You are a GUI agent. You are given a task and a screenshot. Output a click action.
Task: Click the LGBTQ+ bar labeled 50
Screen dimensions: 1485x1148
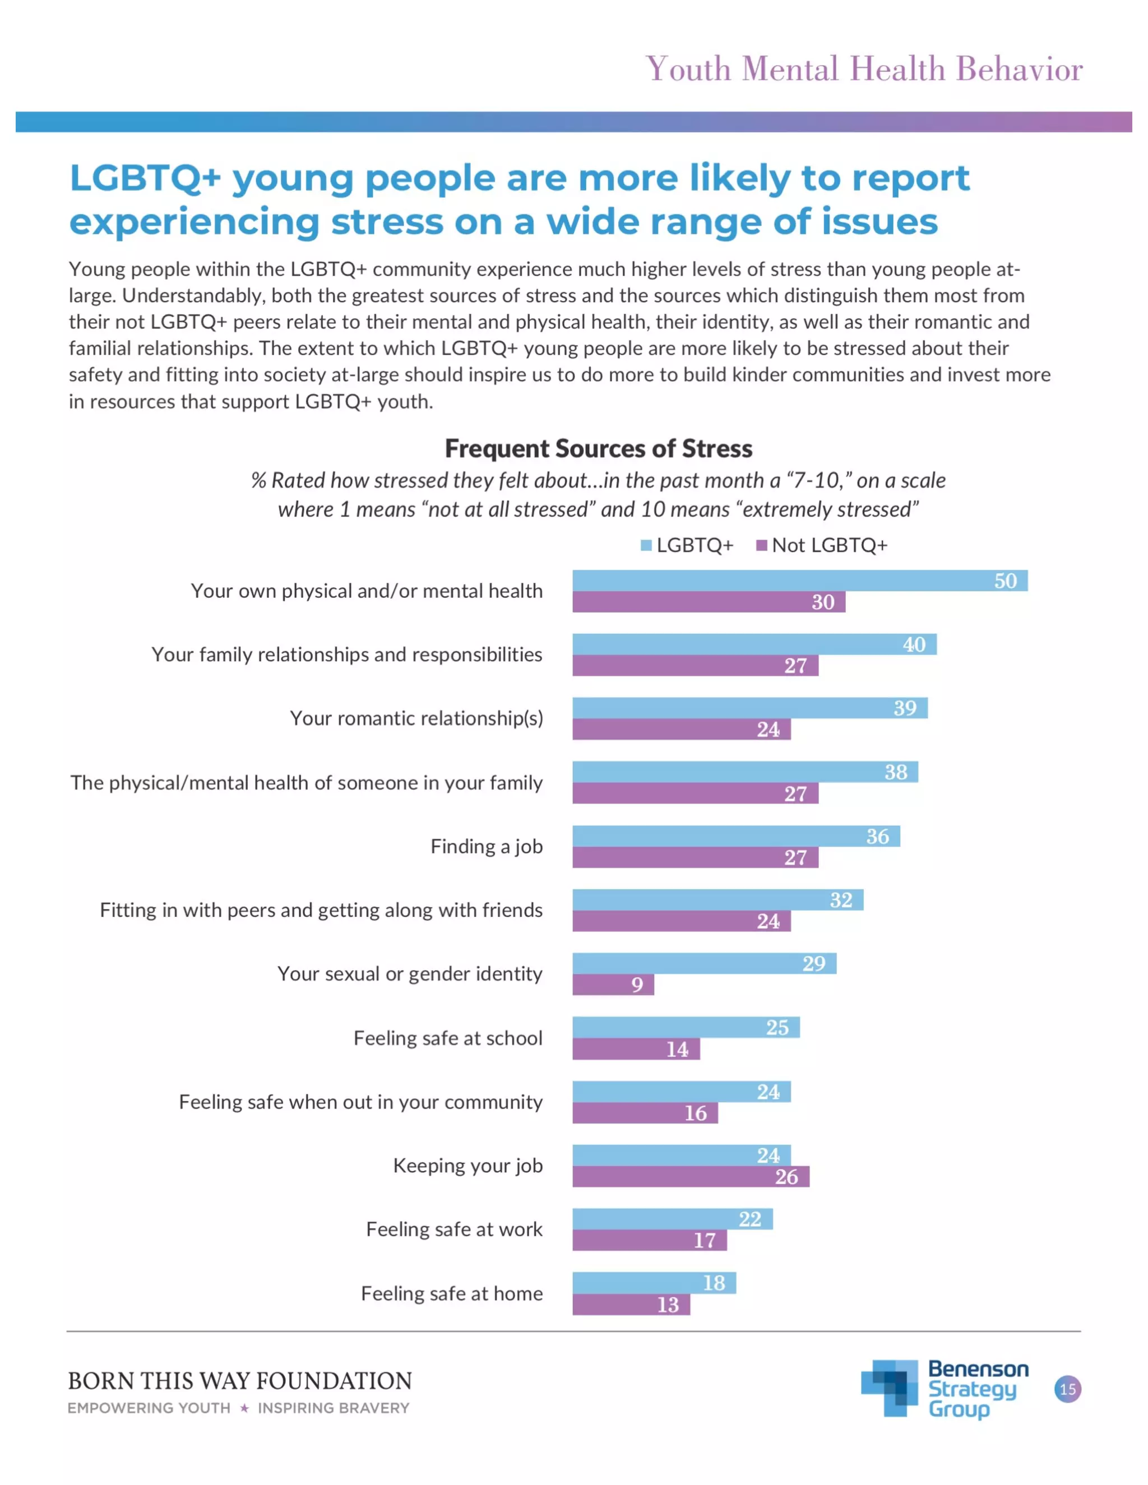tap(799, 580)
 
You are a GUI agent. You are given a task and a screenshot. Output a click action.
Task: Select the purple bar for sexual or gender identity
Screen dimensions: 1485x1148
tap(612, 984)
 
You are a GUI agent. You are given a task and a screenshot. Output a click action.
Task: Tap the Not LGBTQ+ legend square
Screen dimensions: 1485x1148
tap(762, 545)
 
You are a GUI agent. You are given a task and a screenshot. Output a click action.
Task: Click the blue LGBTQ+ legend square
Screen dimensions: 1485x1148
tap(646, 545)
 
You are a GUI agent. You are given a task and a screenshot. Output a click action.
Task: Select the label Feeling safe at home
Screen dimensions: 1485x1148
tap(452, 1293)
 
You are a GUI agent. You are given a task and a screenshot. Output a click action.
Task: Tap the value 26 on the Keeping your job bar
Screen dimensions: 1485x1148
tap(786, 1176)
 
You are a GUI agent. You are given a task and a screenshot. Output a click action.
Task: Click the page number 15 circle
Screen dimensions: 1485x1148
tap(1067, 1389)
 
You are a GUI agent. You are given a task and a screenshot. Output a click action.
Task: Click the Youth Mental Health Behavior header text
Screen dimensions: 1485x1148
tap(864, 69)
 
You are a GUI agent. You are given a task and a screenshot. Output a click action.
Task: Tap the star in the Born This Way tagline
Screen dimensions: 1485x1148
tap(244, 1408)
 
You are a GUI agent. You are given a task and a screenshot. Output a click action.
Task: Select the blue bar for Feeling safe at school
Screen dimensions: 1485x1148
tap(686, 1027)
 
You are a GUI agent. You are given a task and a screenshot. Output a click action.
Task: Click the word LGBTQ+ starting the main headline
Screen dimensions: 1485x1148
tap(145, 178)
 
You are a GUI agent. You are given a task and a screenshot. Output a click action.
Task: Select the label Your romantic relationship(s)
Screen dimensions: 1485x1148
tap(416, 718)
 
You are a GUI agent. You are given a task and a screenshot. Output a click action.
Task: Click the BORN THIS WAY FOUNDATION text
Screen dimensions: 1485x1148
tap(239, 1380)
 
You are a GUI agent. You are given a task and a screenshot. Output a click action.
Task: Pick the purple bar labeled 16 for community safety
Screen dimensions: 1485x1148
tap(644, 1112)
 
